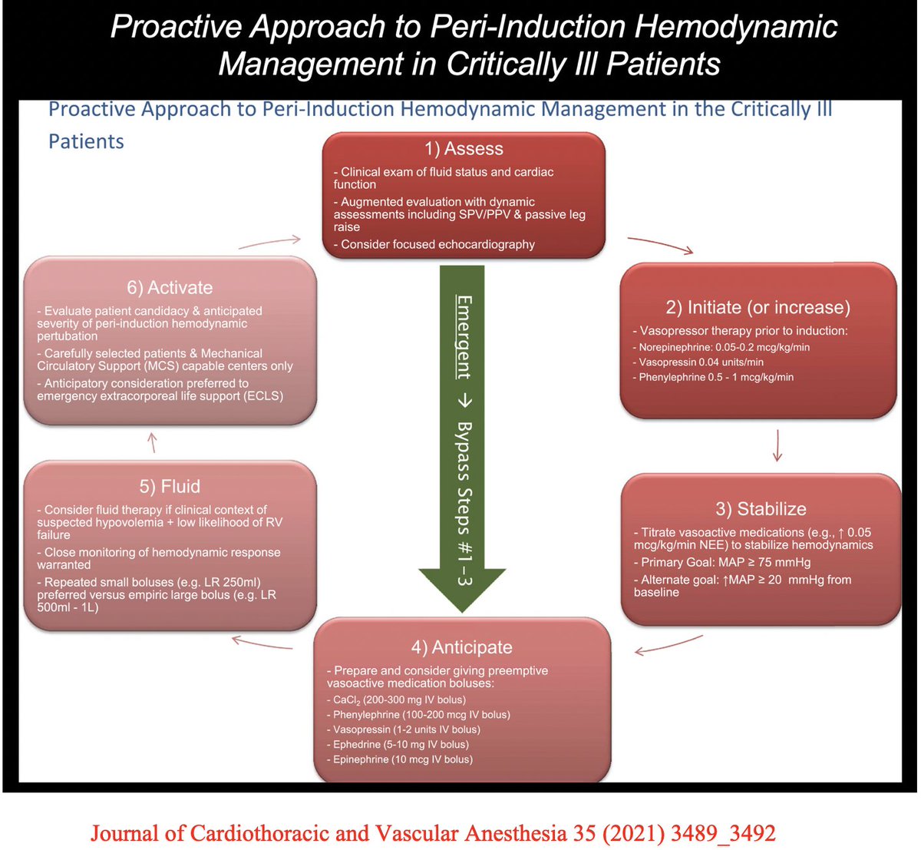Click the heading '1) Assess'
464,149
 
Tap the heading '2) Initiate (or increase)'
758,308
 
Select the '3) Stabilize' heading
761,509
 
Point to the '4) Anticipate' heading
462,647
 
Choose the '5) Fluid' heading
170,486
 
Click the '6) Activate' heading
170,288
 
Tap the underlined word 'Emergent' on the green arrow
464,337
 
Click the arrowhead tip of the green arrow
462,612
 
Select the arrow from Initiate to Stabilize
777,445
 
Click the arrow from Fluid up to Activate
153,442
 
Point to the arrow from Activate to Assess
270,242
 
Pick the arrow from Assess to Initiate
660,245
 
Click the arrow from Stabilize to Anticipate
668,646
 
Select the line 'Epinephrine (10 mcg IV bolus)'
400,759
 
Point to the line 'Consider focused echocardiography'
434,244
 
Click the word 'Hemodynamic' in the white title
735,27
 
